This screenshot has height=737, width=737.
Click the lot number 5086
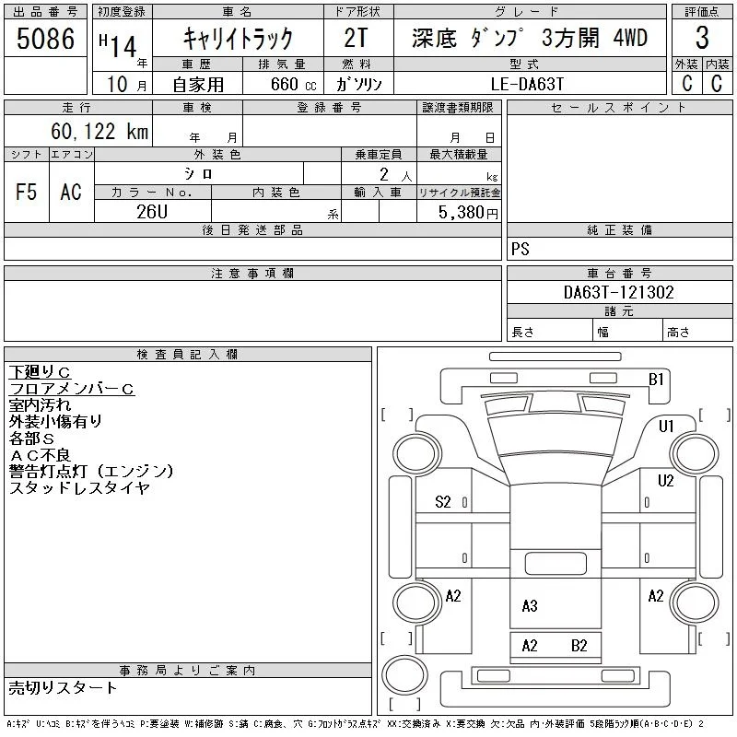45,39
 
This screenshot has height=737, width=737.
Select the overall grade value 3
702,38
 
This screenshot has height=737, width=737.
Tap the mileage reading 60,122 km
99,131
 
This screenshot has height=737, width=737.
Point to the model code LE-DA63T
527,84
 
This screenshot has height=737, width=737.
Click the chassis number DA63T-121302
618,292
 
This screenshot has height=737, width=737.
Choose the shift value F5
26,192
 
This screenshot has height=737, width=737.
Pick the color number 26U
152,212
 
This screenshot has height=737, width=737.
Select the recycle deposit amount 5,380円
468,213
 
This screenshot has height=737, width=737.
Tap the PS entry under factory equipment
521,249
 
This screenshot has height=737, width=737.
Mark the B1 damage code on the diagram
656,379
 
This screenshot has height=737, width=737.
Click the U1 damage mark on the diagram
666,426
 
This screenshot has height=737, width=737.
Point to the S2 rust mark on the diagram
443,502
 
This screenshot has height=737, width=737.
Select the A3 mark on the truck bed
530,606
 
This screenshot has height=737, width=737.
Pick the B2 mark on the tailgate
579,646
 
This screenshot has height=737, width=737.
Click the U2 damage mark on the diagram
665,480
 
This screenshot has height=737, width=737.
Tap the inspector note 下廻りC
40,372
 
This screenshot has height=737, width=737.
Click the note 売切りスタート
63,687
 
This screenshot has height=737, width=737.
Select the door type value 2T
356,38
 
